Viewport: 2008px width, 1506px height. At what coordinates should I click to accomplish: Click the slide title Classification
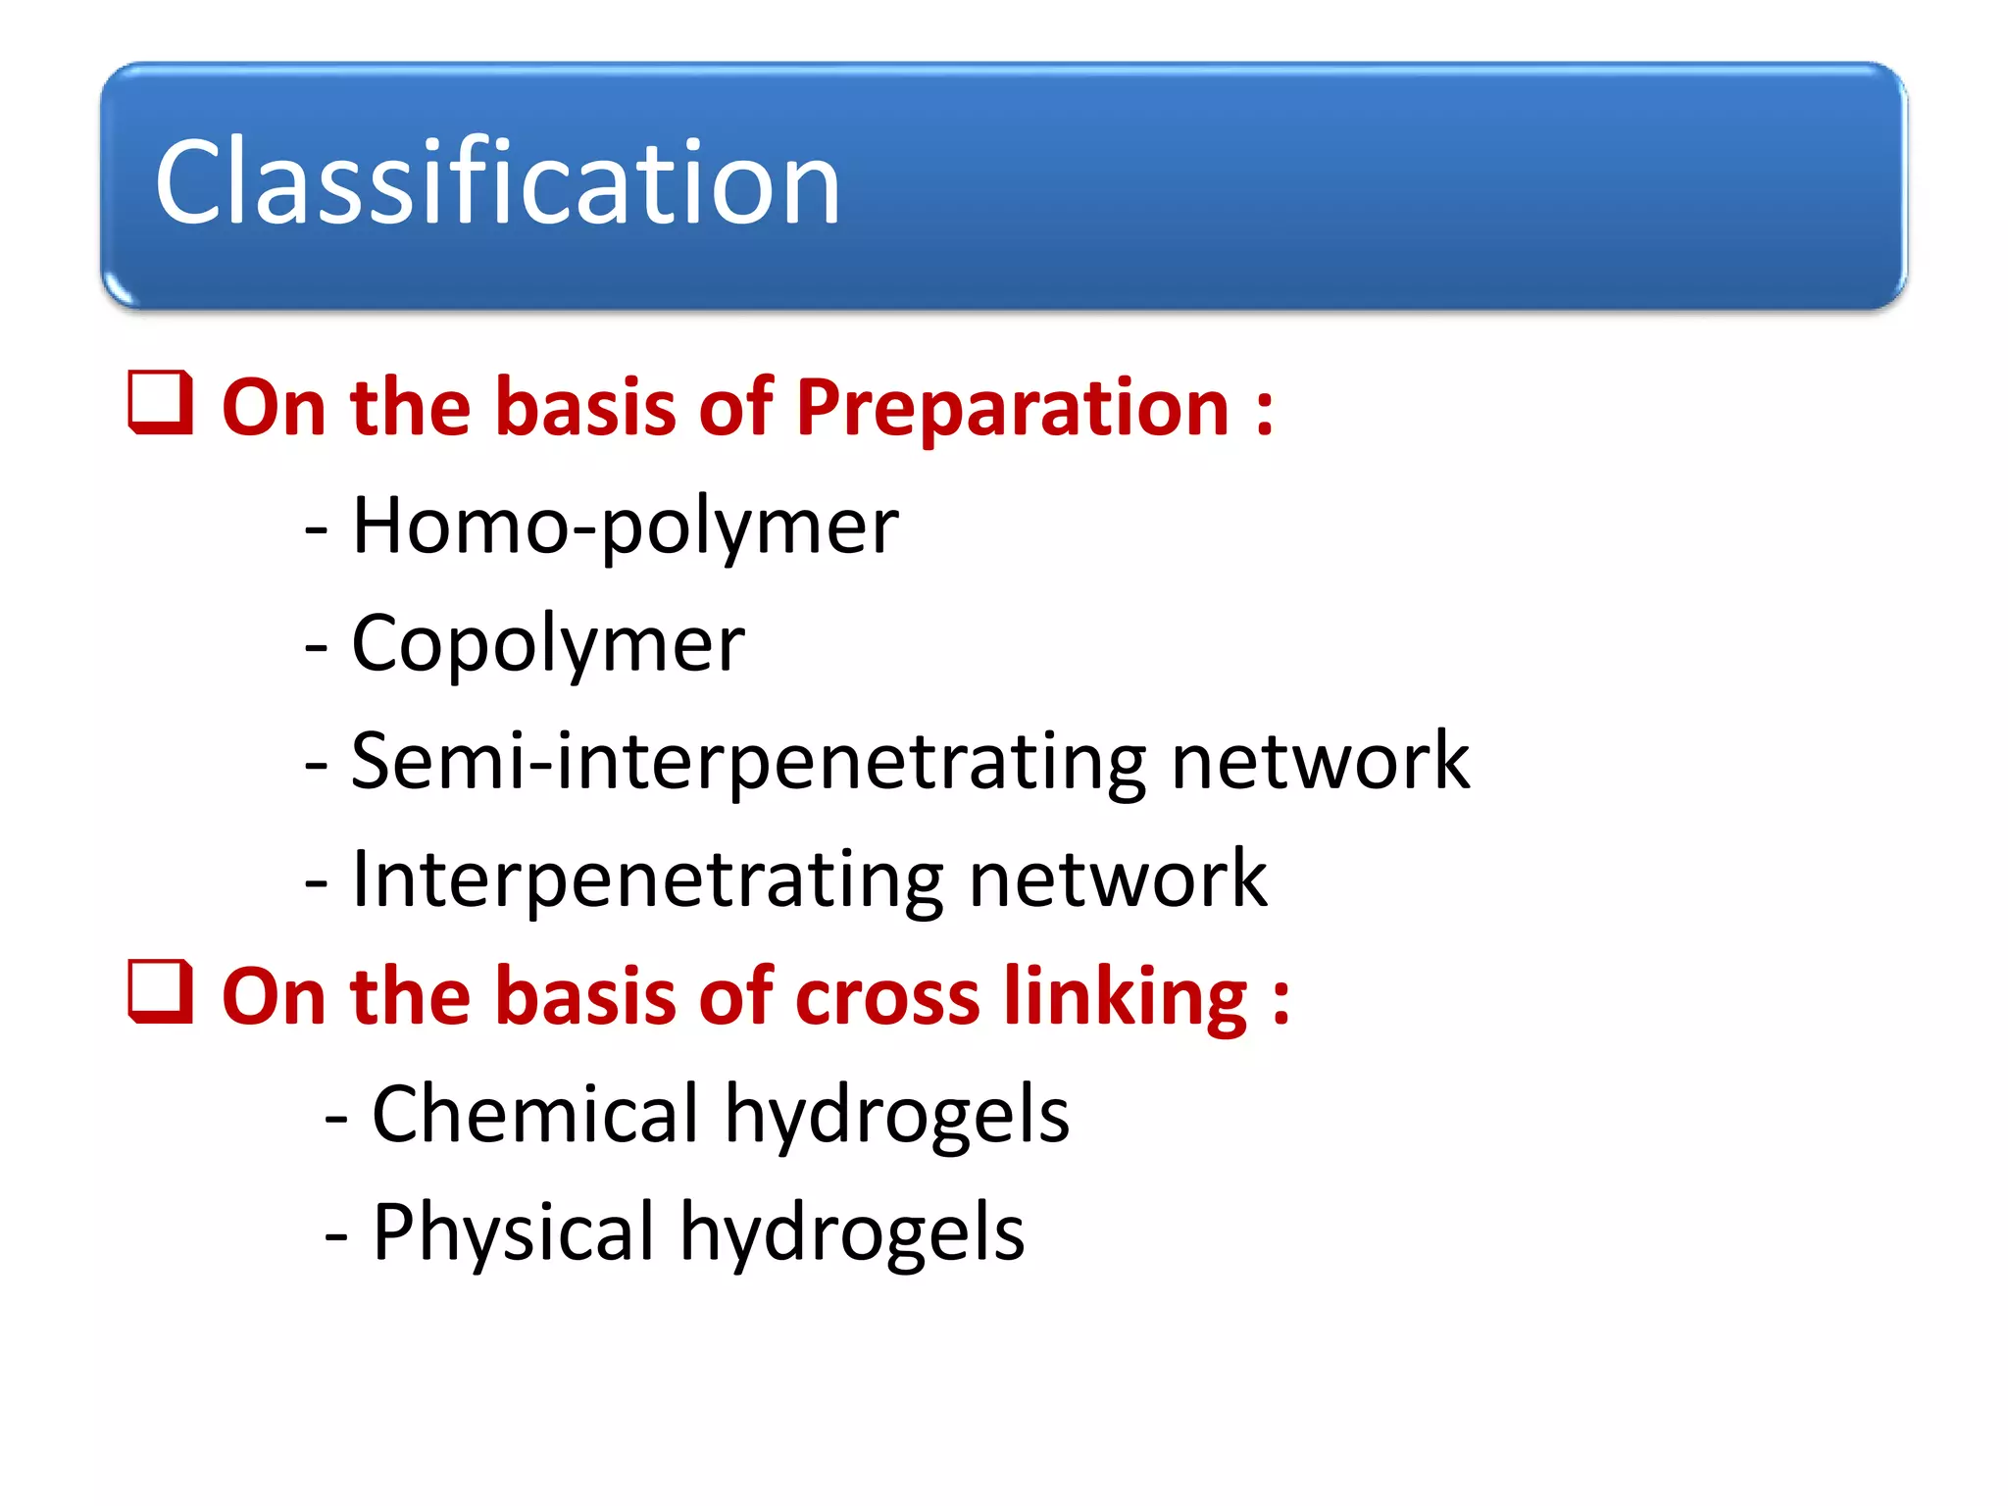click(498, 182)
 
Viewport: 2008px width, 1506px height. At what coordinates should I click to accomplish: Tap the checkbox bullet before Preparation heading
click(160, 402)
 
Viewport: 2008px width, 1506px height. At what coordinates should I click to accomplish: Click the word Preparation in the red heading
click(1012, 408)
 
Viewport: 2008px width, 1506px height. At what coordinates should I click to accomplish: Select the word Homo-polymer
click(625, 527)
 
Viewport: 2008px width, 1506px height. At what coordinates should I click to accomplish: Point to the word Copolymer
click(548, 644)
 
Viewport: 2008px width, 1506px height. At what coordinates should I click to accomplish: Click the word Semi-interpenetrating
click(748, 762)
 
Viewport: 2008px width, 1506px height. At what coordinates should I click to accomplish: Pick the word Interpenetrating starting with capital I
click(647, 879)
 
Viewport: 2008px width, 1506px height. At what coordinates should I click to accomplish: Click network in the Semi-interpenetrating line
click(1320, 762)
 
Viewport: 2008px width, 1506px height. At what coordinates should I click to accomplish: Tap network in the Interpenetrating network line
click(1117, 879)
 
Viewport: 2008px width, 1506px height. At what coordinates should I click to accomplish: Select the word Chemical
click(535, 1115)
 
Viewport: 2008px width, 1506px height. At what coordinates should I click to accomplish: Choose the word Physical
click(513, 1232)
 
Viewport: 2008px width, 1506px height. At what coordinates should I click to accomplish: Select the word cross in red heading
click(886, 997)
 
